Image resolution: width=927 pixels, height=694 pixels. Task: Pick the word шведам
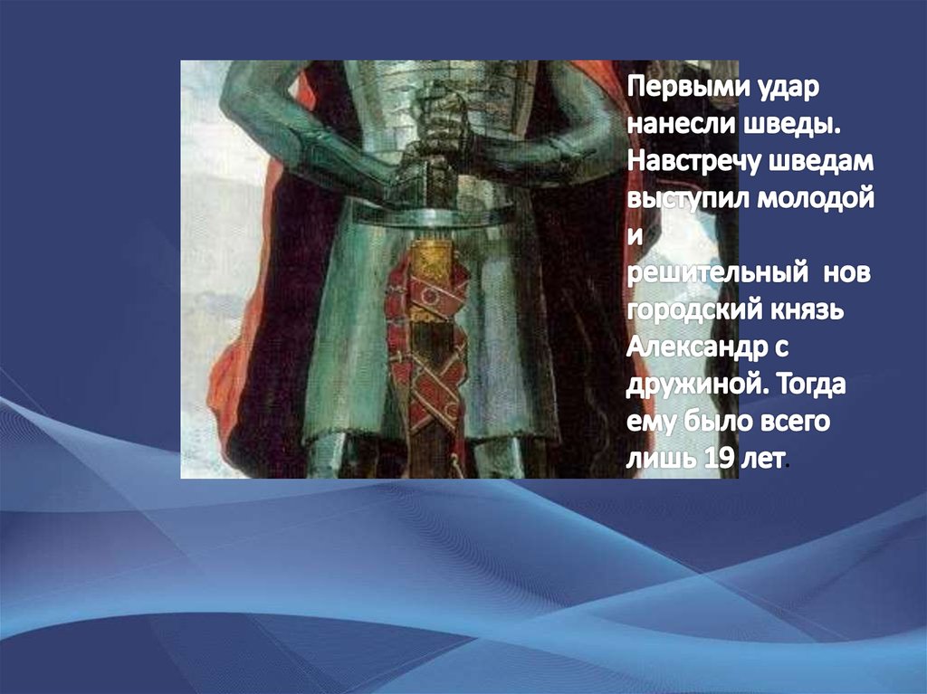[x=821, y=162]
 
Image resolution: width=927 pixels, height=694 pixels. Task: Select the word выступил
[x=688, y=199]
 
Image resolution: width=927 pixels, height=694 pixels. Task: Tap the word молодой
[x=816, y=199]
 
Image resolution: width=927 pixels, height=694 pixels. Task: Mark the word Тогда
[x=810, y=385]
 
